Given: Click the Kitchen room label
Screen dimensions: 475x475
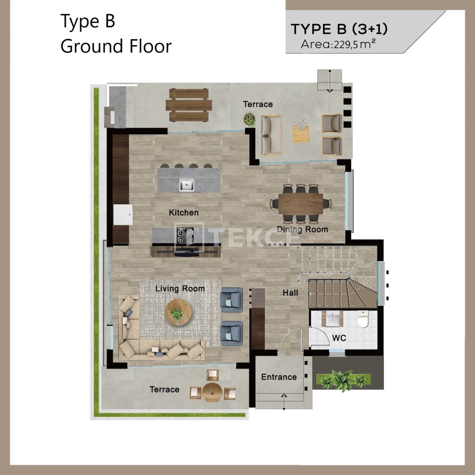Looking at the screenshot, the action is (184, 213).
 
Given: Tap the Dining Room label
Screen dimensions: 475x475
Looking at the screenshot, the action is (302, 230).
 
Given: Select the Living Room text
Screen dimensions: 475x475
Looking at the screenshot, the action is (180, 289).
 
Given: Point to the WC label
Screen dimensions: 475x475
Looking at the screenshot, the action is (339, 338).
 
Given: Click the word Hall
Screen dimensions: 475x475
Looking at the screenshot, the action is (291, 293).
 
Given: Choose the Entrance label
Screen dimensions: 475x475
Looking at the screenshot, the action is (279, 377).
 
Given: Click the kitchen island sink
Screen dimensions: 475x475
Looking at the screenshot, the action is (186, 185).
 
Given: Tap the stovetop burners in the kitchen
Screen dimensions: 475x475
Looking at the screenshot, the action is (185, 236).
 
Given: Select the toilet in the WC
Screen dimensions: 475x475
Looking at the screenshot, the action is (363, 319).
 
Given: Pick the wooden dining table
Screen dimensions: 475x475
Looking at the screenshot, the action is (301, 203).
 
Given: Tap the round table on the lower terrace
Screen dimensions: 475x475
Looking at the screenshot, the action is (212, 392).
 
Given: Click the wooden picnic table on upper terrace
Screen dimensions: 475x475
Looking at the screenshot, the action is (189, 105).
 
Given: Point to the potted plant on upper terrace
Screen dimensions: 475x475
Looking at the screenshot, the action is (249, 120).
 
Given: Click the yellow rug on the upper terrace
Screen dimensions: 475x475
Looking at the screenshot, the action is (300, 134).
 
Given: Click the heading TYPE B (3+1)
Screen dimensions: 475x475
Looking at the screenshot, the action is (339, 29).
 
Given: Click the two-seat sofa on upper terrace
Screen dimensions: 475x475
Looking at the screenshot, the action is (272, 135).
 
